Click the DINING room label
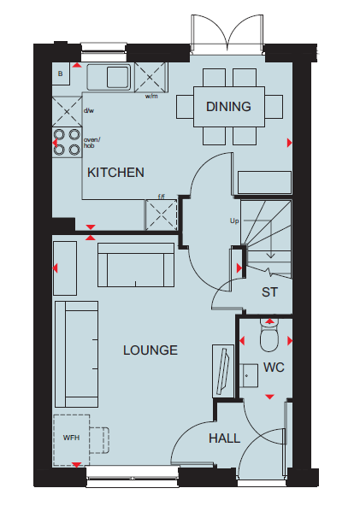228,107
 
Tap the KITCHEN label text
115,173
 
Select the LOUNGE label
150,350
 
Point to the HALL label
224,438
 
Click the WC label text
274,368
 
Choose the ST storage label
269,292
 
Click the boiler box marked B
61,74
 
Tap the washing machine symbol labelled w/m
150,78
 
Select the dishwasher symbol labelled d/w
67,112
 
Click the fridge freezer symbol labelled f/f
161,215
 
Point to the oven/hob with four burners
67,142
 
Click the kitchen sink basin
118,77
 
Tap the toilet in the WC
269,336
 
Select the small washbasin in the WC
249,375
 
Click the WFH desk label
71,438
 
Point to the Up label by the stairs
234,221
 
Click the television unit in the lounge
223,371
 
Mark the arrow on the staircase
270,238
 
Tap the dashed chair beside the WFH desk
99,440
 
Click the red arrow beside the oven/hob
55,142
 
